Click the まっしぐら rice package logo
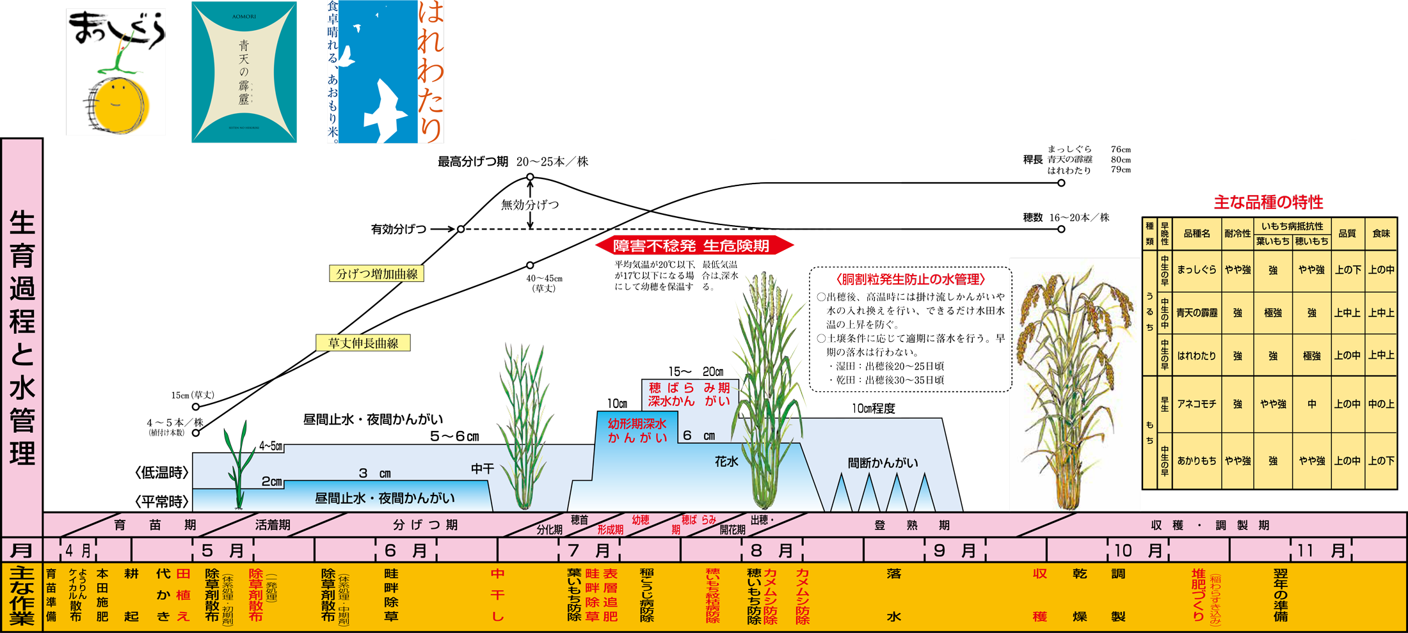pyautogui.click(x=116, y=72)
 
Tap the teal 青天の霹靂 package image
pyautogui.click(x=244, y=72)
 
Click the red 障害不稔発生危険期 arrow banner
pyautogui.click(x=694, y=246)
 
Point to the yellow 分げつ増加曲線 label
pyautogui.click(x=376, y=274)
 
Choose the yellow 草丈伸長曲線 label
pyautogui.click(x=363, y=343)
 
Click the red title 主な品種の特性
pyautogui.click(x=1268, y=203)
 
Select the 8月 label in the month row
pyautogui.click(x=772, y=551)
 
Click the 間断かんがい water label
pyautogui.click(x=883, y=463)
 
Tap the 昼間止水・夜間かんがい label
pyautogui.click(x=385, y=498)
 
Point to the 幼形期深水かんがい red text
pyautogui.click(x=637, y=430)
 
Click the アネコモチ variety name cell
pyautogui.click(x=1196, y=404)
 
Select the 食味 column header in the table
pyautogui.click(x=1381, y=233)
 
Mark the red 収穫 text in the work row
pyautogui.click(x=1040, y=595)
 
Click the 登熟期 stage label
pyautogui.click(x=912, y=526)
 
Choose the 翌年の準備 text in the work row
pyautogui.click(x=1280, y=595)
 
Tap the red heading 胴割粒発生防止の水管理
pyautogui.click(x=910, y=279)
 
